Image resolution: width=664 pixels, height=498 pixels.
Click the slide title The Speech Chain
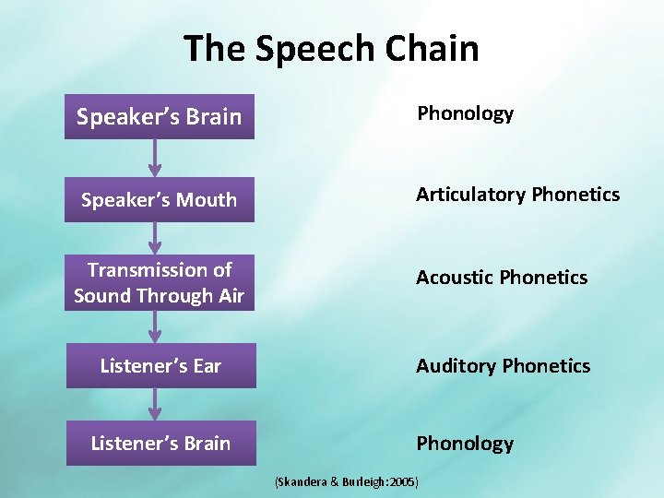point(331,48)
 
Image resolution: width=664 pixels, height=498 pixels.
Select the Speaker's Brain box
point(159,117)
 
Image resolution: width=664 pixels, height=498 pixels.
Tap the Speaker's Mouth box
point(159,199)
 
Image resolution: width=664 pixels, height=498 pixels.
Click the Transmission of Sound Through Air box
point(159,282)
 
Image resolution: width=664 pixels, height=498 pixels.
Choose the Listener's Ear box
point(160,366)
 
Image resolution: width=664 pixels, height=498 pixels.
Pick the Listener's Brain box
point(160,444)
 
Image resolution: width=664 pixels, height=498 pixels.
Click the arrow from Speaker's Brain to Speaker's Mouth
point(155,158)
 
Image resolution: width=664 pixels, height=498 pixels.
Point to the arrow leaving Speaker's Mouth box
point(155,238)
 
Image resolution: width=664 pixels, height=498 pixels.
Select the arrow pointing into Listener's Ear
point(155,326)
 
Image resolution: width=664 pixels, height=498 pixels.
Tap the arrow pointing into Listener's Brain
point(155,404)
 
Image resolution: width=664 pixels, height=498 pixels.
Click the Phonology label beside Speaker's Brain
point(465,113)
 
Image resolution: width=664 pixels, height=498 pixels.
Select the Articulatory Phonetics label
point(517,194)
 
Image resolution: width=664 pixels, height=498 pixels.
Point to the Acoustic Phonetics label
point(501,278)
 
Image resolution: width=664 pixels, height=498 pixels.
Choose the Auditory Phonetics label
point(503,366)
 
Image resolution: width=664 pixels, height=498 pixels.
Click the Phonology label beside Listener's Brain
point(464,444)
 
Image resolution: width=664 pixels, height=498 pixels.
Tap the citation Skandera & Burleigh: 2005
point(348,481)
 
